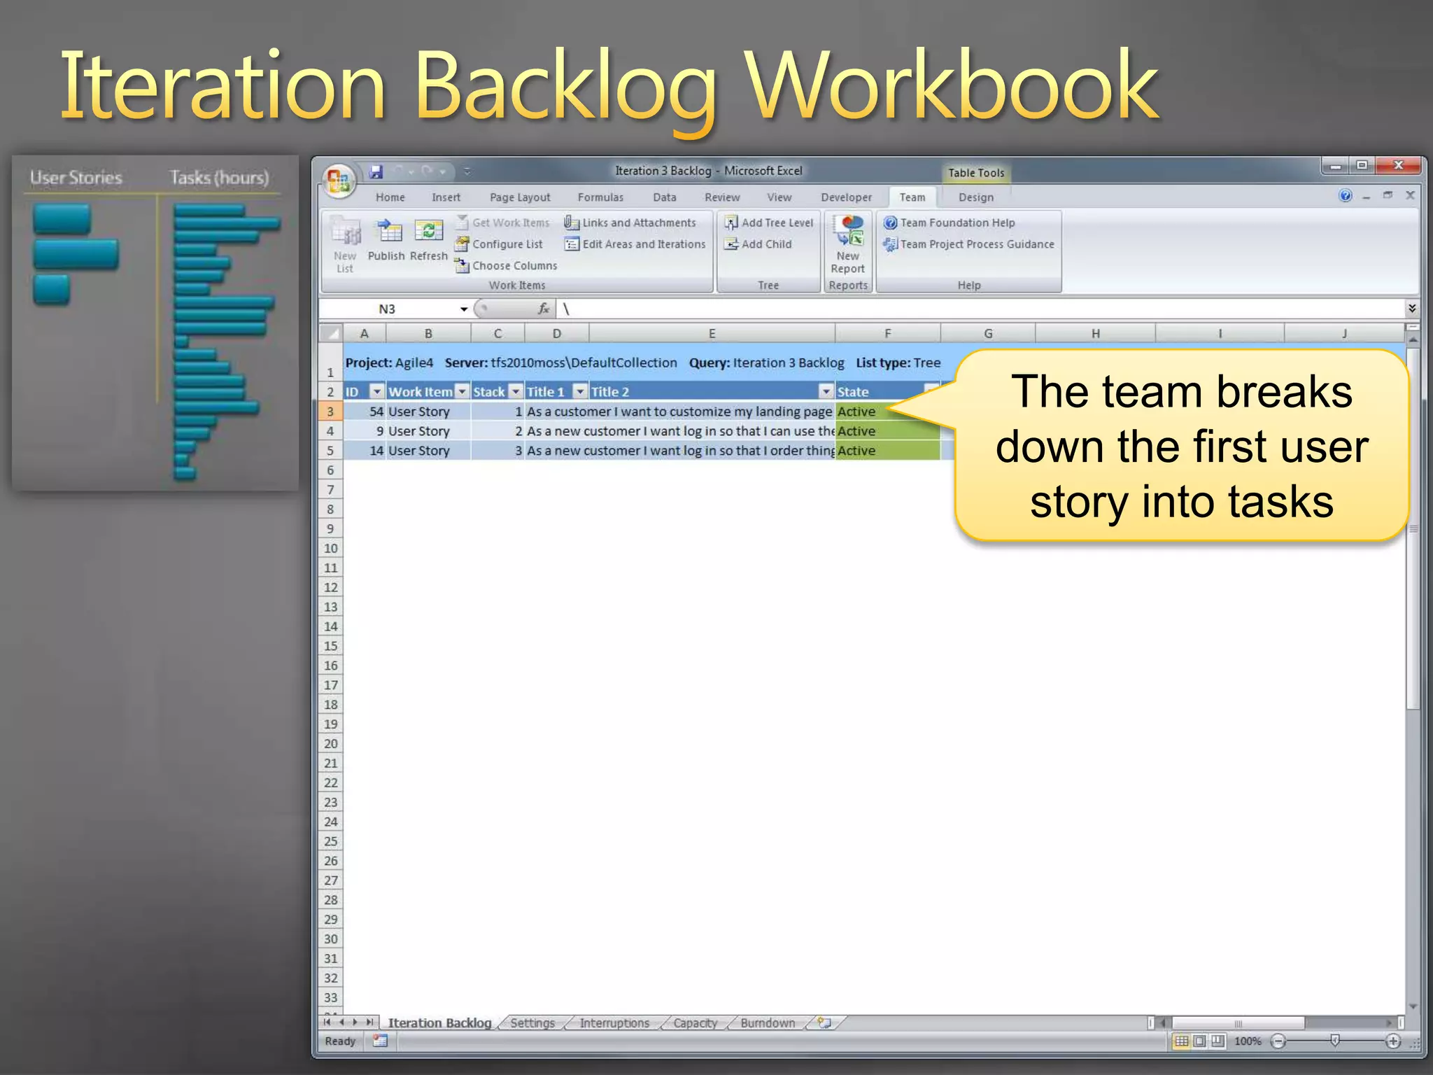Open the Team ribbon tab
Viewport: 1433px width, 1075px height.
(x=912, y=197)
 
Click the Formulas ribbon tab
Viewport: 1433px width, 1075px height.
(x=600, y=197)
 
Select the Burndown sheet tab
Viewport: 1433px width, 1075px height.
(x=767, y=1023)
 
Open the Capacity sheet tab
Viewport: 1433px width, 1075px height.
(x=695, y=1023)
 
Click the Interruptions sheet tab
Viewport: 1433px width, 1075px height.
(x=614, y=1023)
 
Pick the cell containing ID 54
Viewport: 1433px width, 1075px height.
(x=365, y=412)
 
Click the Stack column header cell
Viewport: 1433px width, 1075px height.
(x=489, y=392)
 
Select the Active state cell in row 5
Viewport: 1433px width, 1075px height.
(x=887, y=451)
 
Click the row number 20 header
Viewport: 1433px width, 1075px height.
(x=331, y=744)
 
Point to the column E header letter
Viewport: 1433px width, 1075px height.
(x=712, y=334)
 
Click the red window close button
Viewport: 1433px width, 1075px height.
(x=1397, y=165)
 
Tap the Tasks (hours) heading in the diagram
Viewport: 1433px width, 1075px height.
(x=219, y=178)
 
